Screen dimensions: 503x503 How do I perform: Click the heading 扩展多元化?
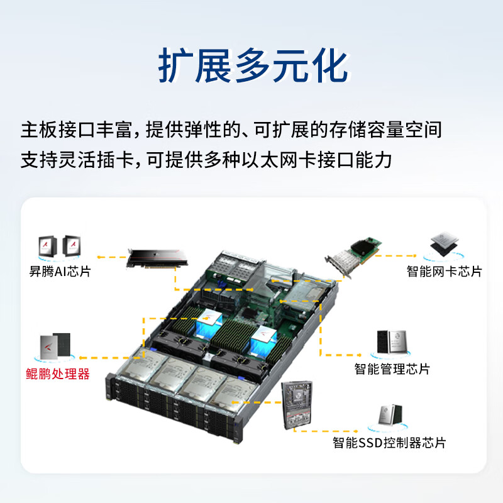tap(253, 65)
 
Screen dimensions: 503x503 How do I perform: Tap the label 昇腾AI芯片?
tap(60, 272)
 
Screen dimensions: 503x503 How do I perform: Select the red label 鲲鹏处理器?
tap(58, 374)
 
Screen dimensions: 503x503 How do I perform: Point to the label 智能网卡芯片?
tap(445, 272)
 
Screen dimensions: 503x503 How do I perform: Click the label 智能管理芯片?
tap(392, 369)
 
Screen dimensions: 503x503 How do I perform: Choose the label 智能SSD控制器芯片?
tap(389, 443)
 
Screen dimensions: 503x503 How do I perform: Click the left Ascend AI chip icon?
tap(48, 246)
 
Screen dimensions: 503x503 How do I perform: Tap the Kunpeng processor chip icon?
tap(55, 346)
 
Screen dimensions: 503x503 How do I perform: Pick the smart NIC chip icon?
tap(444, 244)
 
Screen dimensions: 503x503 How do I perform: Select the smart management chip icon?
tap(392, 342)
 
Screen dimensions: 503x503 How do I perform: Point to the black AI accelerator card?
tap(157, 258)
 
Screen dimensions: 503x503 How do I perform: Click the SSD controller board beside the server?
tap(297, 405)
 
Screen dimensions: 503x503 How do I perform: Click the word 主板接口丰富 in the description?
tap(76, 130)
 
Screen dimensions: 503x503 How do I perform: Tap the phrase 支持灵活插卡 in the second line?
tap(77, 160)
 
